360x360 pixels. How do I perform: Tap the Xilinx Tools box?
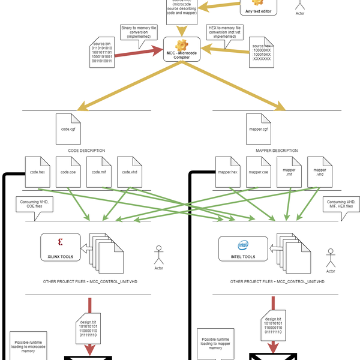60,247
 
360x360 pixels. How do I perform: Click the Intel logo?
242,244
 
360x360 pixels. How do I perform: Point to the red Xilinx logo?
60,242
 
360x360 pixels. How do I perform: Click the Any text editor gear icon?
257,2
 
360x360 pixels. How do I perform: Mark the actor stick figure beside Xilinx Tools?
159,254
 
